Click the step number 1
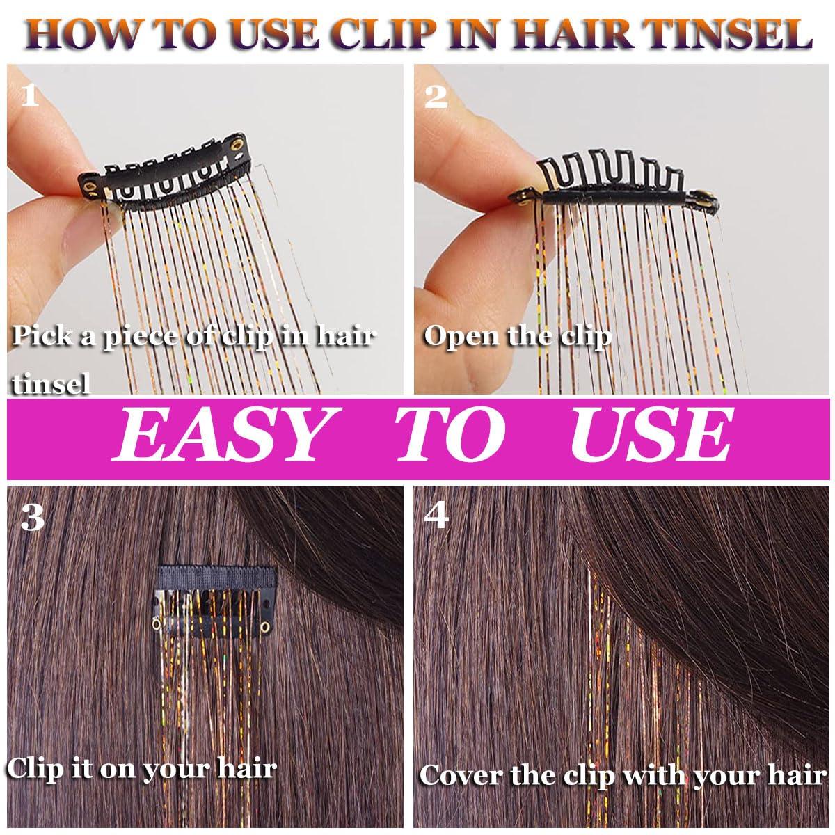(x=30, y=95)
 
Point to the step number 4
(x=436, y=518)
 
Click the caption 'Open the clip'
(x=517, y=336)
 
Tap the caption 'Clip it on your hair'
(x=142, y=768)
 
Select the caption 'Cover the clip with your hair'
(x=621, y=774)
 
